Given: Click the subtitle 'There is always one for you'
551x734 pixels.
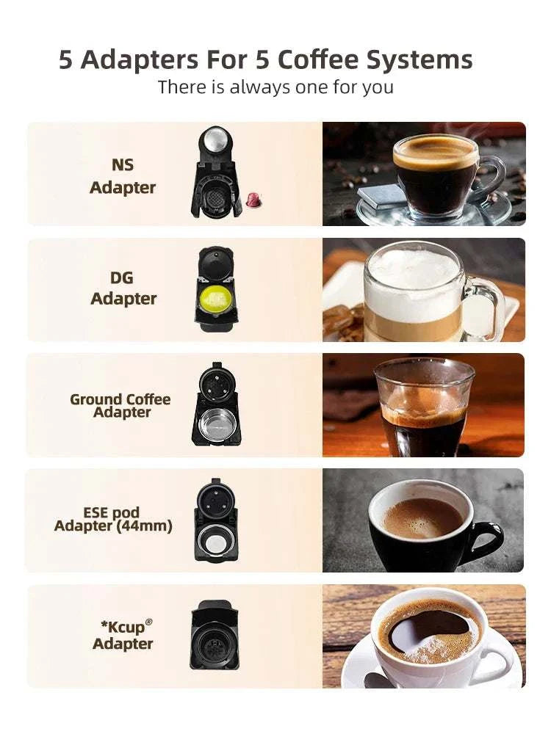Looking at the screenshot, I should coord(275,87).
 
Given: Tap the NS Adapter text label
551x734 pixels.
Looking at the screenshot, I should coord(123,176).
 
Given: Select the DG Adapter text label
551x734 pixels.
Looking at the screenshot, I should coord(123,288).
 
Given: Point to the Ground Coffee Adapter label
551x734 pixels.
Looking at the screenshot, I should coord(120,405).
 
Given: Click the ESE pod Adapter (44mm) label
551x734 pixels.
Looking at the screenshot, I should coord(113,519).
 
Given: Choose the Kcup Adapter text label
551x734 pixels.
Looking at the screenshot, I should coord(123,635).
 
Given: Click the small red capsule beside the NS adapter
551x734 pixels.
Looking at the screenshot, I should coord(253,198).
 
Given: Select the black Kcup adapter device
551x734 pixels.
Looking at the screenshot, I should coord(214,635).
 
